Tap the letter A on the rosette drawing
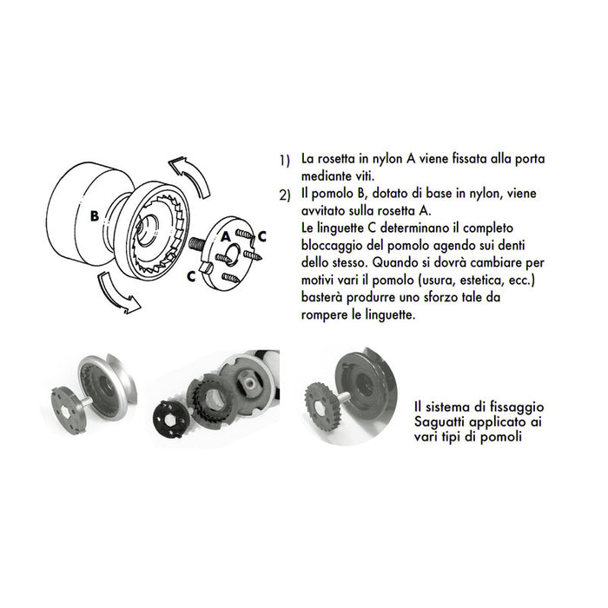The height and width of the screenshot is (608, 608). pyautogui.click(x=225, y=235)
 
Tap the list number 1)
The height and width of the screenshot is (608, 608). pyautogui.click(x=284, y=162)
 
